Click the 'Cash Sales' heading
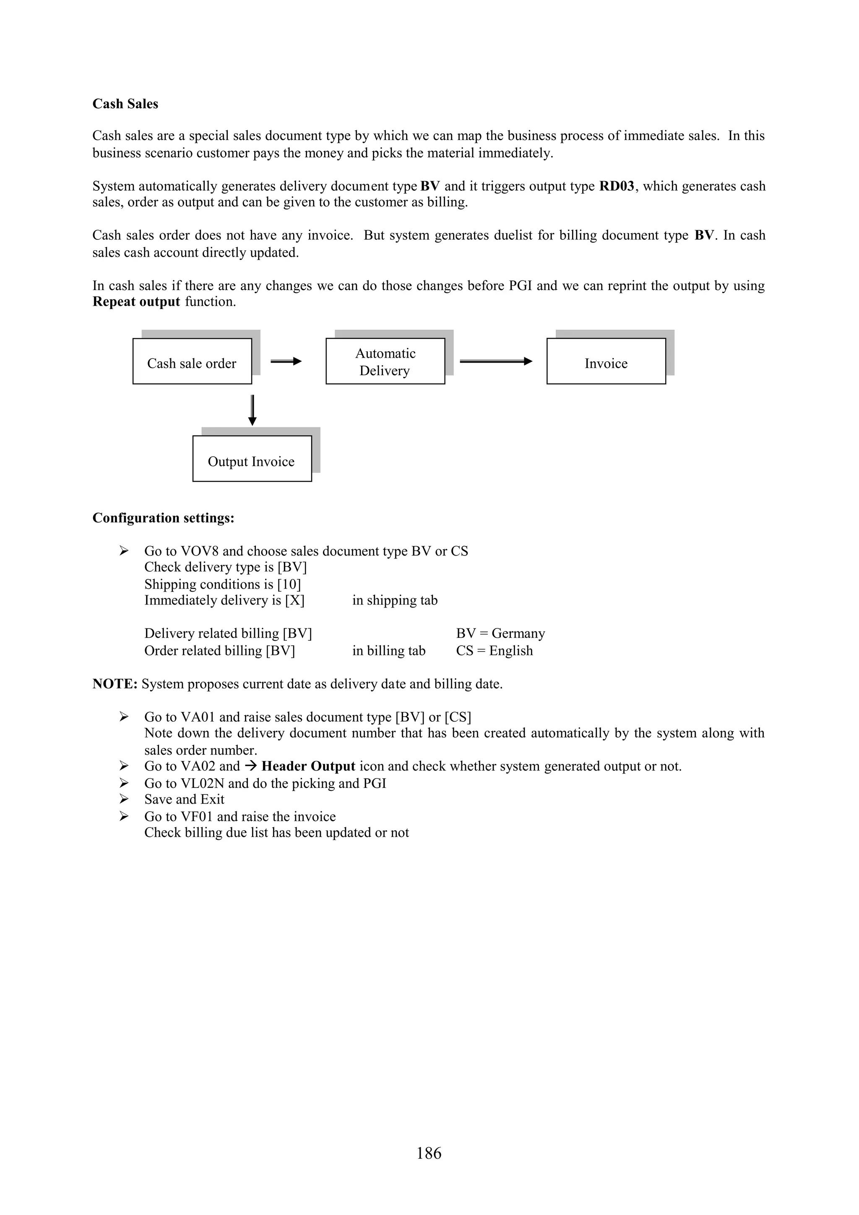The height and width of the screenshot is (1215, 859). (x=125, y=104)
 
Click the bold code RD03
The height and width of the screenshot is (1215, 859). (x=617, y=186)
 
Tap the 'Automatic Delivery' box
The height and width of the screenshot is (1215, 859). (x=385, y=361)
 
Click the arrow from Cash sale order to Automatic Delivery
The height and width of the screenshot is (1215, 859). (x=286, y=361)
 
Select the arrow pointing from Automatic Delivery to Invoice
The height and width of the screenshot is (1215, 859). (x=495, y=361)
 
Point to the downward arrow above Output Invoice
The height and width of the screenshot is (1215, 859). (x=252, y=410)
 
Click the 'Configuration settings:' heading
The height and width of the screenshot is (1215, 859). (x=163, y=518)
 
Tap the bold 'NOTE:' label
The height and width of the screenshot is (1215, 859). (x=115, y=684)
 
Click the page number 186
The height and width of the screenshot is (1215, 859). (x=429, y=1153)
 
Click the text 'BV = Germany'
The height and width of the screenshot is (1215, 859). (x=500, y=634)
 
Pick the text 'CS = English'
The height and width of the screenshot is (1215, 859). (x=495, y=651)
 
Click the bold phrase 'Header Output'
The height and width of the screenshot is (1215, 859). (x=308, y=767)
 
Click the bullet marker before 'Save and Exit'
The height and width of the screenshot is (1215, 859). (x=124, y=799)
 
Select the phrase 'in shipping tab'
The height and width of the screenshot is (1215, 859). (x=395, y=601)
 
